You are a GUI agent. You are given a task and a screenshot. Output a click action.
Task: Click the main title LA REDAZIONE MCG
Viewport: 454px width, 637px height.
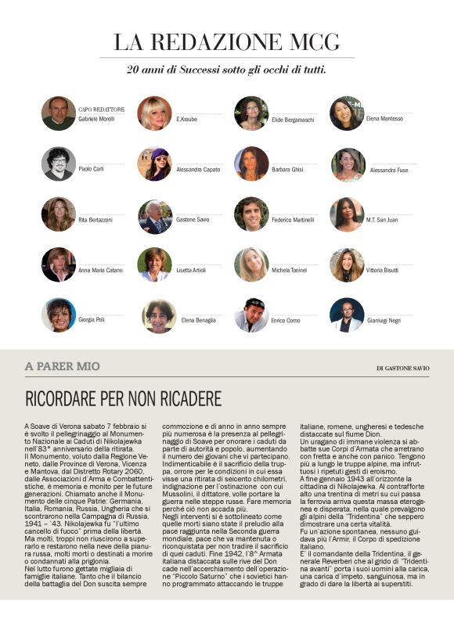click(x=226, y=42)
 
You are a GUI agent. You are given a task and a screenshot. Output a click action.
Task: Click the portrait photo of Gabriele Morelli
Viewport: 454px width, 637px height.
click(x=59, y=113)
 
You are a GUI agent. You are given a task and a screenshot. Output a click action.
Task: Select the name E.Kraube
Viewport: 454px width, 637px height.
click(x=188, y=119)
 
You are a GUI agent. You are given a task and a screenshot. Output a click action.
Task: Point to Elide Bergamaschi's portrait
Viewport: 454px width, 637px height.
click(x=251, y=113)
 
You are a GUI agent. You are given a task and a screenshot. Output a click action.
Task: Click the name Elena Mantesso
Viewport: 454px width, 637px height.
click(x=384, y=119)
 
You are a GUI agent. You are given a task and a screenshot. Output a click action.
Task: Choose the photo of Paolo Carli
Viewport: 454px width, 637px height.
click(x=59, y=164)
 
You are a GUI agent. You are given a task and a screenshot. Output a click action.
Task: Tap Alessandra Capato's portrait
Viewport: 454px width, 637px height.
click(x=155, y=164)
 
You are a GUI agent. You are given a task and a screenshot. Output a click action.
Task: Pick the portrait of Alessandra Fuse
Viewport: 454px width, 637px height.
click(x=348, y=164)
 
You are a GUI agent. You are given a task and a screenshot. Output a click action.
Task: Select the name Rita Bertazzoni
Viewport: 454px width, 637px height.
click(x=95, y=220)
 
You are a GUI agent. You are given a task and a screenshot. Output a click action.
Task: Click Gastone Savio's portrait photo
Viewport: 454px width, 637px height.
click(x=155, y=215)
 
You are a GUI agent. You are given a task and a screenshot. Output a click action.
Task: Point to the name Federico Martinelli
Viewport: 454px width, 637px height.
click(x=293, y=220)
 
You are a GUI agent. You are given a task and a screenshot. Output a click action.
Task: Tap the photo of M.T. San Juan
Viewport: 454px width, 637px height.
click(x=347, y=215)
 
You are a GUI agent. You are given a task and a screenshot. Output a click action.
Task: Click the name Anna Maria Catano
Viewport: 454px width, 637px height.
click(x=101, y=271)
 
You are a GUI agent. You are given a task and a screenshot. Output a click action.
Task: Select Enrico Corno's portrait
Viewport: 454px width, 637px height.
click(x=251, y=315)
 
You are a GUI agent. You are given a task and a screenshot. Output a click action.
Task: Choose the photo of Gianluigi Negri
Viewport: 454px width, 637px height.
click(x=347, y=315)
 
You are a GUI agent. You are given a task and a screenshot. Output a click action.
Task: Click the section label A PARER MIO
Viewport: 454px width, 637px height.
click(x=62, y=366)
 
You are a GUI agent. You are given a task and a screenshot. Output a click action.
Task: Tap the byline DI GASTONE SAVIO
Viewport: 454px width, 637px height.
click(x=402, y=368)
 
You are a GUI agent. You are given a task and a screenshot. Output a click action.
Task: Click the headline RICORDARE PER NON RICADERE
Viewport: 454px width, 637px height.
click(x=123, y=399)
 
